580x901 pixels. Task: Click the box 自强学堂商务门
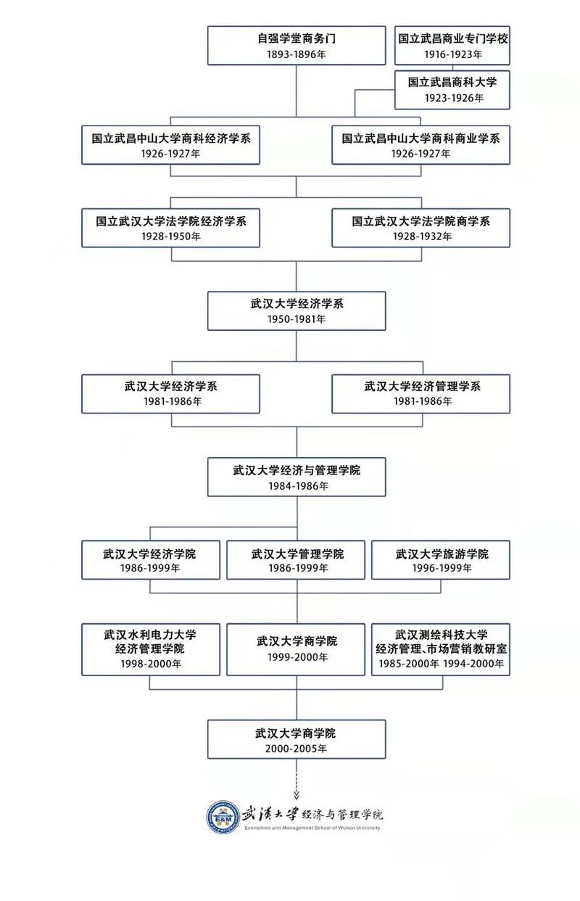pyautogui.click(x=296, y=46)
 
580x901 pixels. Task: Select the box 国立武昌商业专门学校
pyautogui.click(x=452, y=46)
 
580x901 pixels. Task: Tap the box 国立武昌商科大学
pyautogui.click(x=452, y=89)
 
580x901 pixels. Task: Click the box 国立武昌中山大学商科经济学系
pyautogui.click(x=170, y=144)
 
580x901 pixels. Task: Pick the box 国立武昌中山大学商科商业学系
pyautogui.click(x=420, y=144)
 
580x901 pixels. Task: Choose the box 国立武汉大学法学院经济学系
pyautogui.click(x=170, y=228)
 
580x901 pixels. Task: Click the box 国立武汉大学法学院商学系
pyautogui.click(x=420, y=228)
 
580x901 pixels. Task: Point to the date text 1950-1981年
pyautogui.click(x=296, y=319)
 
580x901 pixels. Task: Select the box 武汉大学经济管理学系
pyautogui.click(x=420, y=393)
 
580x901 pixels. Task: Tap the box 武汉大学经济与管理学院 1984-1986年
pyautogui.click(x=296, y=477)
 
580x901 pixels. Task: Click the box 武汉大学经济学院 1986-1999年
pyautogui.click(x=150, y=560)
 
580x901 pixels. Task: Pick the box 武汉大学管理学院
pyautogui.click(x=296, y=560)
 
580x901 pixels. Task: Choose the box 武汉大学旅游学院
pyautogui.click(x=441, y=560)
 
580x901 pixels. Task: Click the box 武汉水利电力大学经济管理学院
pyautogui.click(x=150, y=649)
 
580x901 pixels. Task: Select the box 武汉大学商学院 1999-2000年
pyautogui.click(x=296, y=649)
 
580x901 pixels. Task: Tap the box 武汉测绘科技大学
pyautogui.click(x=441, y=649)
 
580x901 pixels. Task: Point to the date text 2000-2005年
pyautogui.click(x=296, y=748)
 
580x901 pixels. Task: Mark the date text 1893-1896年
pyautogui.click(x=296, y=54)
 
